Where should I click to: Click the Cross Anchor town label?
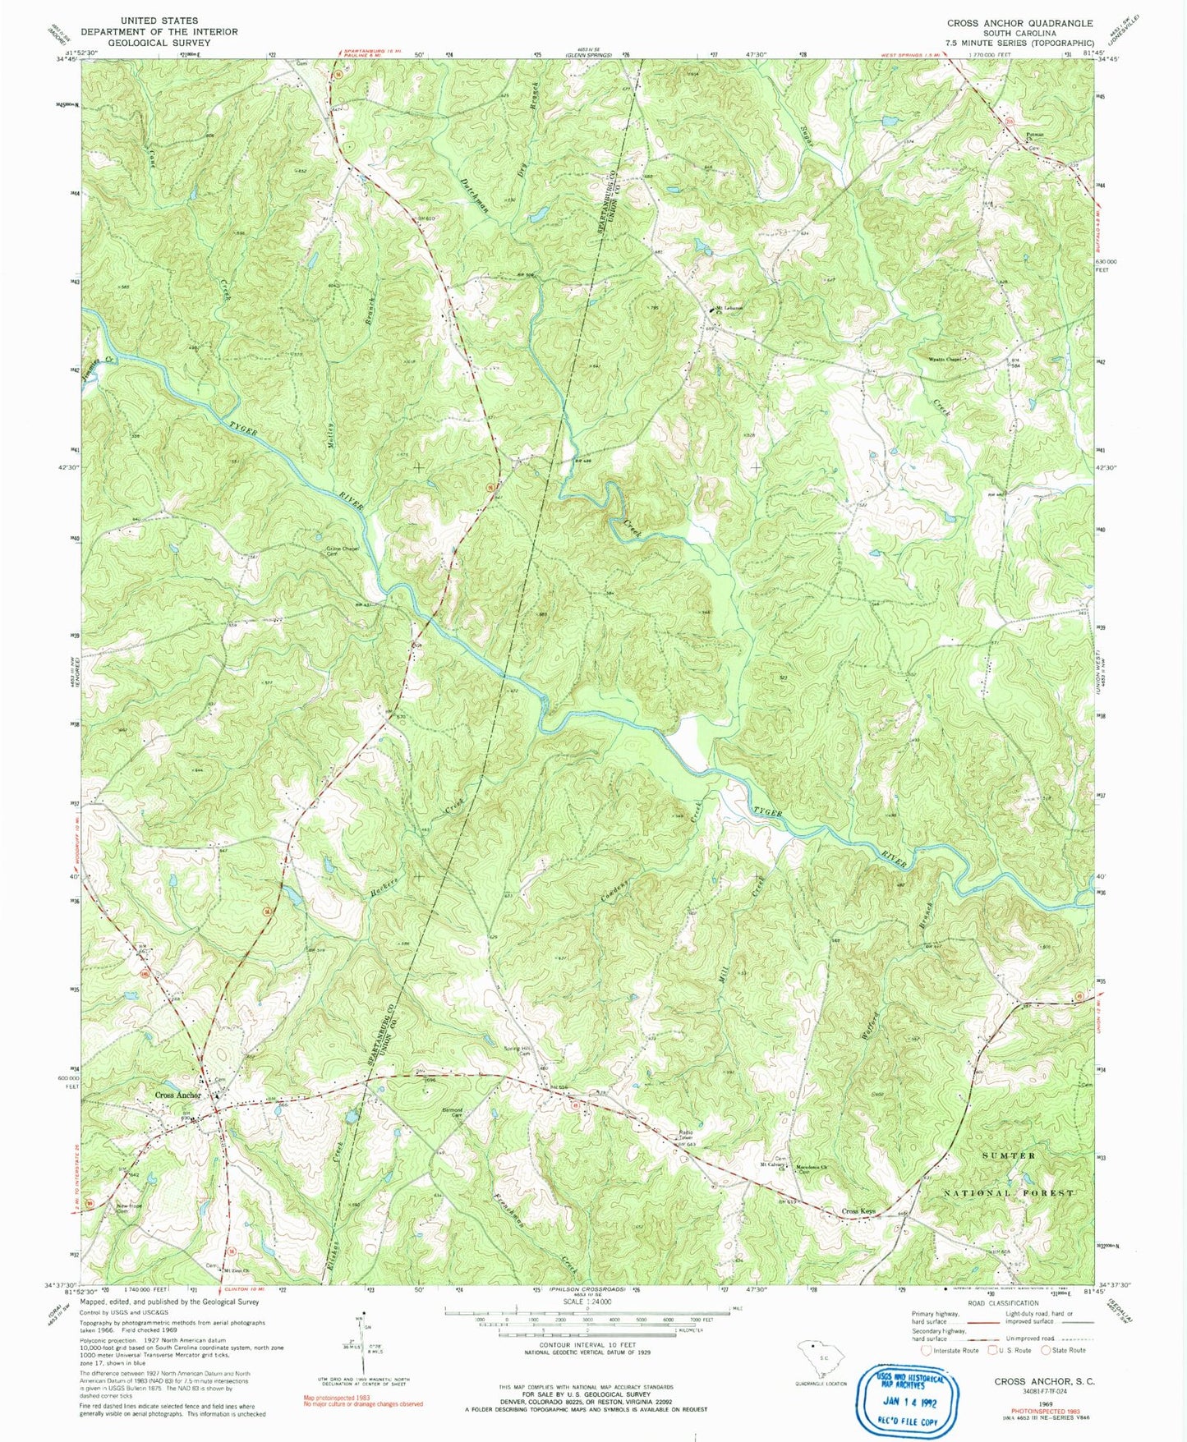(x=177, y=1095)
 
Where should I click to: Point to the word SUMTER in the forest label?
(x=1010, y=1155)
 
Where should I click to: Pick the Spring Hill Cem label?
(x=518, y=1052)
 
